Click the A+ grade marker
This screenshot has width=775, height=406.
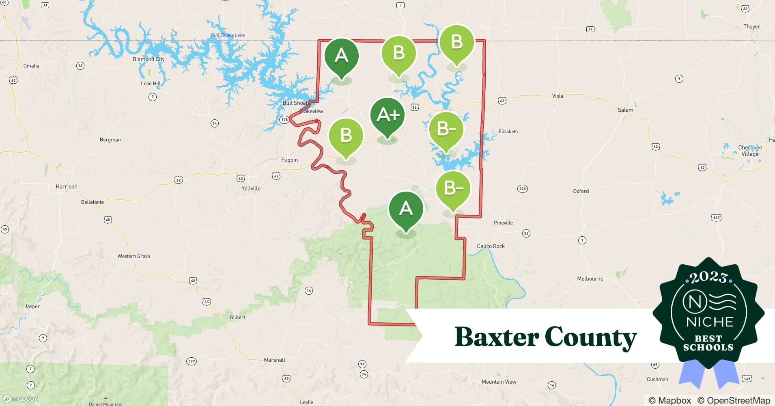click(387, 115)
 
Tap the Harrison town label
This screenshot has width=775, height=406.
click(67, 187)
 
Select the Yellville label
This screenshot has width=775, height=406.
click(251, 188)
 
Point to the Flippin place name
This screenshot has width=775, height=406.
click(290, 160)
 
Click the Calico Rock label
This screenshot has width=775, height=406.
click(491, 246)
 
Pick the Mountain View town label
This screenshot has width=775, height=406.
click(499, 382)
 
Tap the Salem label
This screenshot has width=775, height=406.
click(625, 110)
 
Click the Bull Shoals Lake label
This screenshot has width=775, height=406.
click(228, 35)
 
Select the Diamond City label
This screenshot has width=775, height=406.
click(149, 59)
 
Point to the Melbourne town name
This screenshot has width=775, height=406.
click(590, 279)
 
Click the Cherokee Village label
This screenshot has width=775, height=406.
click(750, 151)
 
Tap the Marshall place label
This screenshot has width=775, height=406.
click(275, 360)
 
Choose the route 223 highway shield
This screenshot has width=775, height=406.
click(523, 188)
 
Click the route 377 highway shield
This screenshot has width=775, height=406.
click(192, 361)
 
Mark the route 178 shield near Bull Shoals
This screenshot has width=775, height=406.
click(284, 119)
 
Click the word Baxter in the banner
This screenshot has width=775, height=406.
click(497, 337)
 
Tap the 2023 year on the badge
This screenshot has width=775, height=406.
click(708, 277)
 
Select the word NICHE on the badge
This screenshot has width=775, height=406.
click(710, 322)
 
